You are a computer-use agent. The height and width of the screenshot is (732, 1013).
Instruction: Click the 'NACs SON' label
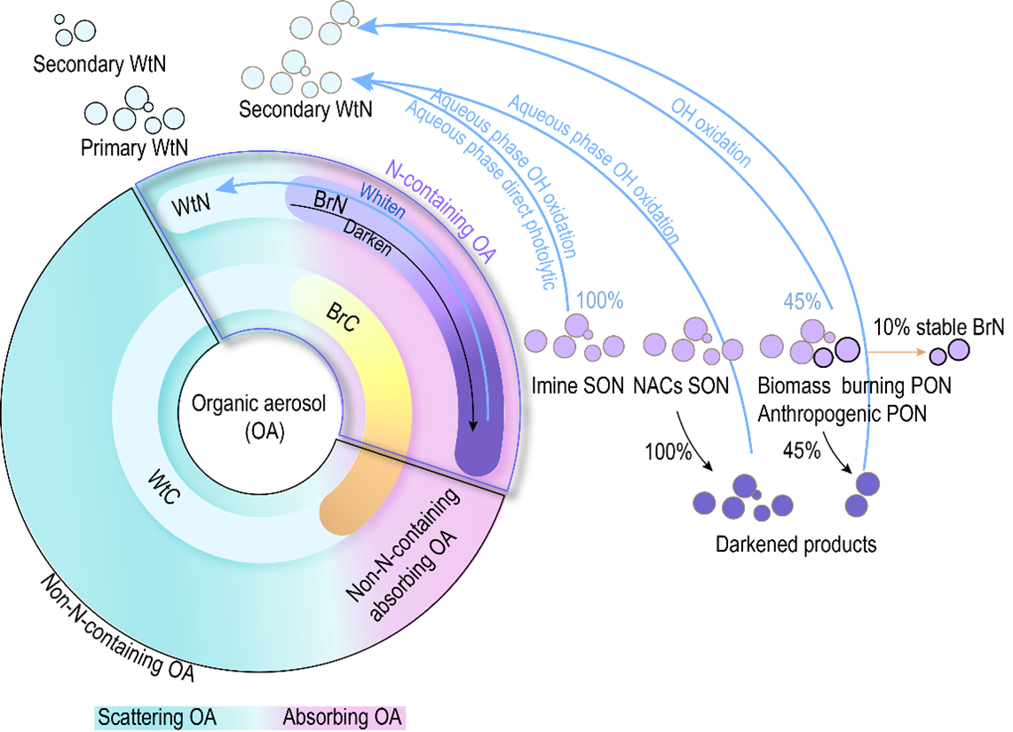[680, 386]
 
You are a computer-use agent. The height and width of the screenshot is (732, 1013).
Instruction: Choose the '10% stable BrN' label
[938, 327]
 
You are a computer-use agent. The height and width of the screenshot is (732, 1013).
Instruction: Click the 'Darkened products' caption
[795, 544]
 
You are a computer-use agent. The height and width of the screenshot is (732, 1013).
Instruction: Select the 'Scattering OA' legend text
[156, 716]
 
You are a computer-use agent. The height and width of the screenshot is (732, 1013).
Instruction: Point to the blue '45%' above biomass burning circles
[802, 299]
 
